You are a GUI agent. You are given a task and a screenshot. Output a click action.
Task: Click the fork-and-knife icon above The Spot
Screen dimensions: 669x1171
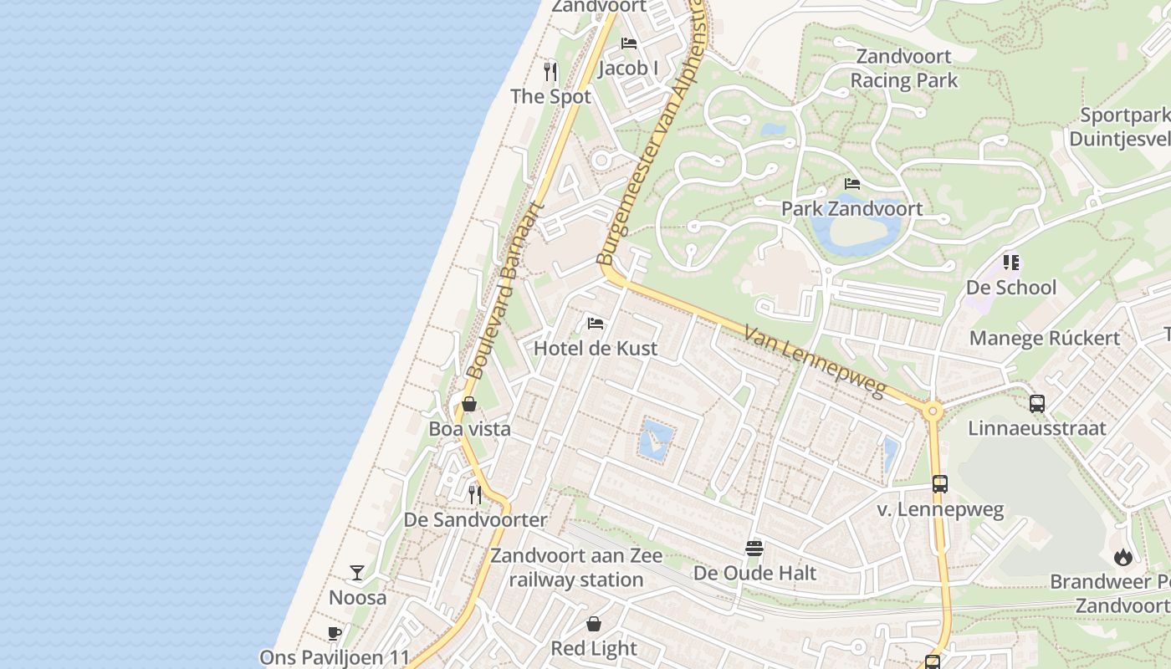pos(550,72)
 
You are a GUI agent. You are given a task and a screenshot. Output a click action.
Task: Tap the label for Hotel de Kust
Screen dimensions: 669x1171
pos(596,349)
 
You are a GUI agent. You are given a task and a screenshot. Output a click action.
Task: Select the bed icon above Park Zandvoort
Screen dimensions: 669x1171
pos(852,184)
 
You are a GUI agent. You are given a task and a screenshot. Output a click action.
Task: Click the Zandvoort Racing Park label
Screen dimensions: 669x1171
pos(903,69)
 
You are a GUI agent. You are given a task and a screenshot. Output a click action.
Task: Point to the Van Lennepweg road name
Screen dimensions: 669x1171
pos(814,360)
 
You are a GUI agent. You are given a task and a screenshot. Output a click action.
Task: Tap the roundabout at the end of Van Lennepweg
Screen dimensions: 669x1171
pos(931,411)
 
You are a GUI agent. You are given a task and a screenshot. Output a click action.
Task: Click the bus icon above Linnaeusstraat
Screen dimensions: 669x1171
pos(1037,404)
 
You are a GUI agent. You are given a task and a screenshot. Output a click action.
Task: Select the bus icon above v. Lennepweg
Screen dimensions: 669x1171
pos(940,484)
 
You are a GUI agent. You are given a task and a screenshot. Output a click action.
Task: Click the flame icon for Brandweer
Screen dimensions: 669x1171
pos(1122,557)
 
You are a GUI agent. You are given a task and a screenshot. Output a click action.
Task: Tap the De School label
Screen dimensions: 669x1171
pos(1011,288)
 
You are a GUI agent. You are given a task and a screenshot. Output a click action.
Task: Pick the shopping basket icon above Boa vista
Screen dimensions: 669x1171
pos(469,405)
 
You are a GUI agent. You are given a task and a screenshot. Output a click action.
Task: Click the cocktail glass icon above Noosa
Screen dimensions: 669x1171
pos(357,573)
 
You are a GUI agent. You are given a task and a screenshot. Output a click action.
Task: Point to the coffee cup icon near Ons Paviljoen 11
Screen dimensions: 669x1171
pos(335,633)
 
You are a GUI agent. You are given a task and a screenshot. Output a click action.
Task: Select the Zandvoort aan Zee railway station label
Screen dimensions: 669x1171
pos(576,568)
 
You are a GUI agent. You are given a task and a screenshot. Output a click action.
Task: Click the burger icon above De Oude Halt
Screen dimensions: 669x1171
pos(754,549)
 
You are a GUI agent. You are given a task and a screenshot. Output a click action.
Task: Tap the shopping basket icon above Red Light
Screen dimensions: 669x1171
pos(594,624)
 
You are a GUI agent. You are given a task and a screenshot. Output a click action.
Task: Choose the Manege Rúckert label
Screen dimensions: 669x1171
pos(1044,339)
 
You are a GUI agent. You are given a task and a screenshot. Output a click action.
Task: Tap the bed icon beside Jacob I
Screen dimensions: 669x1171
pos(629,43)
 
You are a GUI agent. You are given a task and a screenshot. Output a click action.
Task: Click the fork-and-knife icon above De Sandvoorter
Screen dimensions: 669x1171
pos(475,495)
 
